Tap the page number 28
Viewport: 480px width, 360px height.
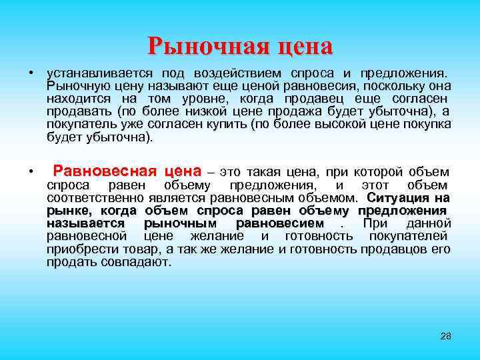click(446, 336)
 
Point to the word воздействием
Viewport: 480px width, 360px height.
click(237, 72)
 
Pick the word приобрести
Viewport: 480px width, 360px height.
click(78, 249)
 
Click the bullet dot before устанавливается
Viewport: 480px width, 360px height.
click(31, 72)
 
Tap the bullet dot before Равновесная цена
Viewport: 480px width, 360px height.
click(31, 172)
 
